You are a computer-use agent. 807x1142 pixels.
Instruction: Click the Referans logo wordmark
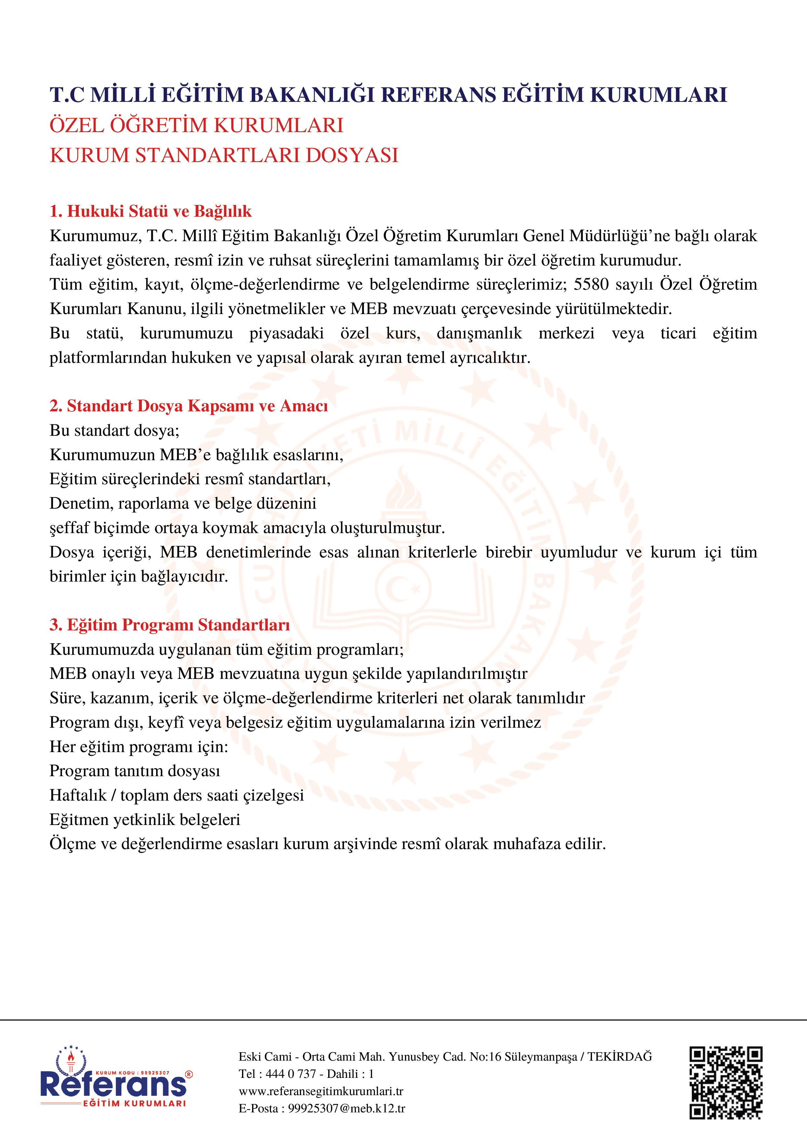(x=114, y=1084)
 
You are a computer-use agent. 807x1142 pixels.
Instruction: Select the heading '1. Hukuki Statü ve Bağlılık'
(x=151, y=212)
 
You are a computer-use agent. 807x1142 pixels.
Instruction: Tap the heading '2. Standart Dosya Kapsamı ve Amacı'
(x=188, y=406)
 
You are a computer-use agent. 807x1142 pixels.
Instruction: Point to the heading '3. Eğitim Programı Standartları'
(x=169, y=625)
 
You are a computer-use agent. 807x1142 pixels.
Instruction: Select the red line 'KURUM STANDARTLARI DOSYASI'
(x=224, y=155)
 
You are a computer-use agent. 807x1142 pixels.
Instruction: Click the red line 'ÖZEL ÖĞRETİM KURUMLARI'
(x=196, y=125)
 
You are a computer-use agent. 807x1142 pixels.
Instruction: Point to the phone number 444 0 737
(x=291, y=1074)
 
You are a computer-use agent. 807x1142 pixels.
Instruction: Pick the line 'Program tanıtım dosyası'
(x=135, y=771)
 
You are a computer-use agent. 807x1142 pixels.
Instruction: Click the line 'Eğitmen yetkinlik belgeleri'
(x=145, y=820)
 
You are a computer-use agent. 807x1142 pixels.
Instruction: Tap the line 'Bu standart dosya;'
(x=114, y=430)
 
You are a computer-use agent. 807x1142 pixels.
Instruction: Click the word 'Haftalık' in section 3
(x=78, y=795)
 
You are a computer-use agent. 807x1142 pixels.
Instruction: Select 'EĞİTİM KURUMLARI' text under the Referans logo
(x=134, y=1103)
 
